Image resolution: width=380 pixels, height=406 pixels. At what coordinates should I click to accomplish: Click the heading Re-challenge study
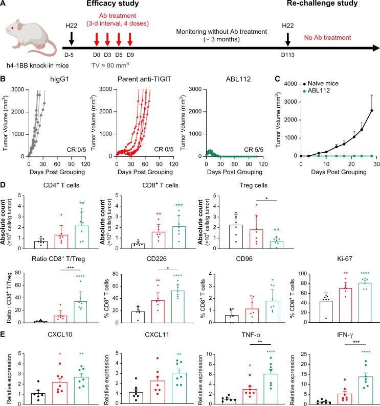[x=319, y=6]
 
